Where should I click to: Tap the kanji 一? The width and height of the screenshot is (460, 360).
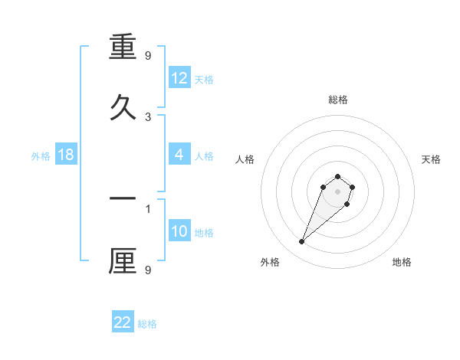click(x=123, y=198)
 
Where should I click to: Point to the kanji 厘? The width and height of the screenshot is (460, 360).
click(x=123, y=260)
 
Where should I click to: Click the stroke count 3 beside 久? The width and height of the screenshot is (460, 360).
click(x=148, y=116)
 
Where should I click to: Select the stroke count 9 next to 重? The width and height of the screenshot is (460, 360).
click(x=148, y=55)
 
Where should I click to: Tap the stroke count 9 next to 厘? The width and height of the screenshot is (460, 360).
click(x=148, y=270)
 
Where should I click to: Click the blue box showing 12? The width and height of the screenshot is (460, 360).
click(x=179, y=78)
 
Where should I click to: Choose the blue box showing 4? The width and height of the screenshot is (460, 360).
click(x=179, y=155)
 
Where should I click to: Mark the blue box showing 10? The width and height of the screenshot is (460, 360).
click(x=179, y=231)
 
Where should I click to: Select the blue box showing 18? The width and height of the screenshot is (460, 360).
click(x=66, y=155)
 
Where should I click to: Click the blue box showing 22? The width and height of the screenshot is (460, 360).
click(x=123, y=322)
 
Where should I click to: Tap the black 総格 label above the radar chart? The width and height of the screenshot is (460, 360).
click(x=338, y=100)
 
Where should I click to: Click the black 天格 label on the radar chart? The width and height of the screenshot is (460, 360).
click(x=431, y=159)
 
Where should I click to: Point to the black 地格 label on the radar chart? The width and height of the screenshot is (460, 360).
click(x=402, y=262)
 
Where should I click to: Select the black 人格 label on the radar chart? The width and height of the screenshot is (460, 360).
click(x=245, y=159)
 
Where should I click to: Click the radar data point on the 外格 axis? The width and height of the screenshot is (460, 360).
click(x=302, y=242)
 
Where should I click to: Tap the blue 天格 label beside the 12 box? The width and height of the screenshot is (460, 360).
click(x=204, y=80)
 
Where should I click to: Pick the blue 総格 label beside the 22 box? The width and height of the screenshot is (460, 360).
click(x=147, y=324)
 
